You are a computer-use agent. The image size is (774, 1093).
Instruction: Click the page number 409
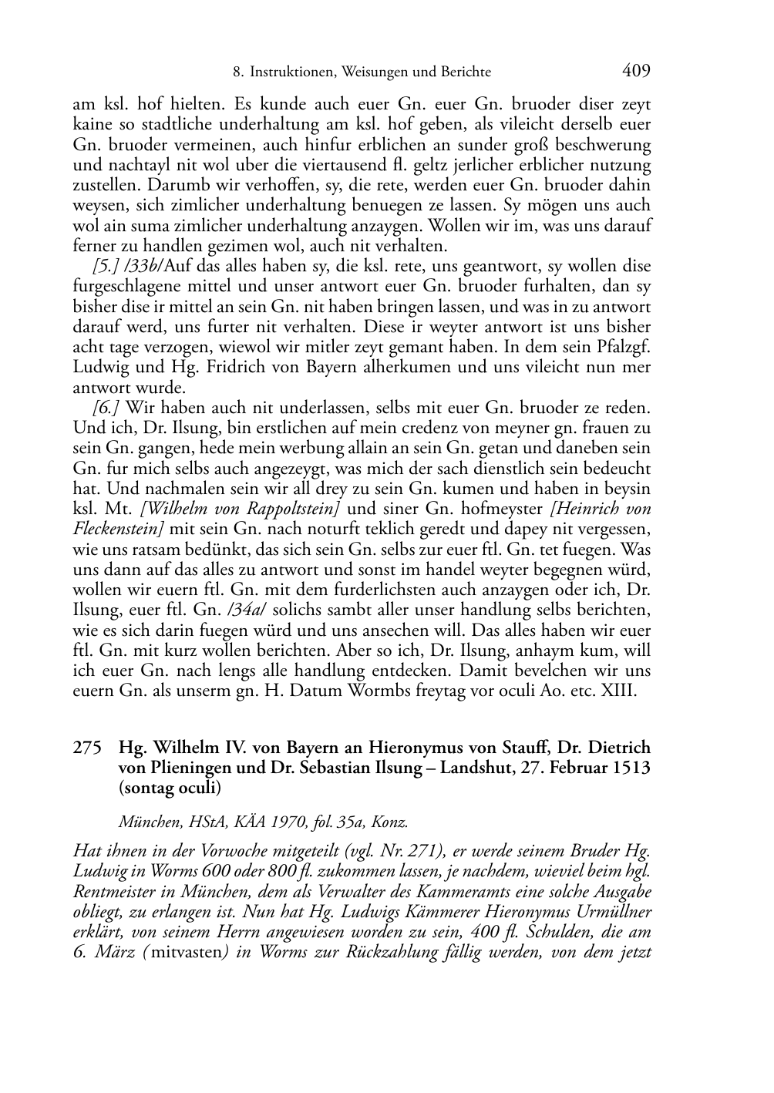click(x=636, y=71)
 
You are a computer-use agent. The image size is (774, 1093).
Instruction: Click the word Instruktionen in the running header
click(x=290, y=72)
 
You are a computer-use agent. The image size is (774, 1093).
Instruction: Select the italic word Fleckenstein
click(x=114, y=530)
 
